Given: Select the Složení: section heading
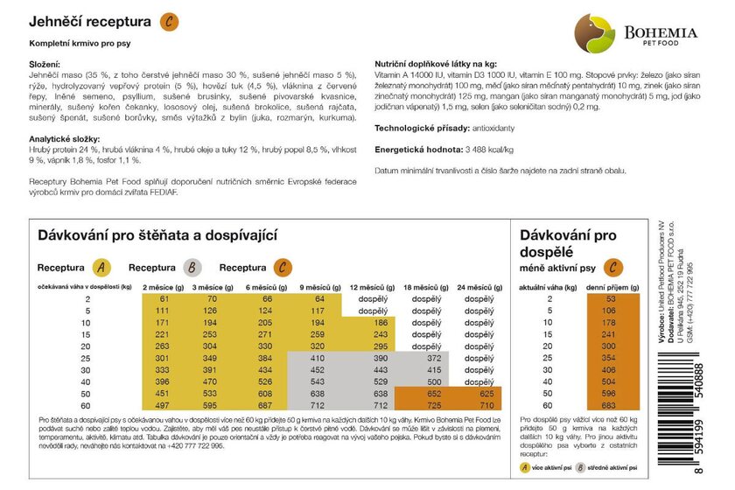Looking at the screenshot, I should [46, 65].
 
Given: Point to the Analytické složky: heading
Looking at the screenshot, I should [68, 139].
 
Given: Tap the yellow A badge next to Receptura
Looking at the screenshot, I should [101, 267].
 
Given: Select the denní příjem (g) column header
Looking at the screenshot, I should [605, 286].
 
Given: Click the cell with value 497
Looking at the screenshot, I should [163, 405].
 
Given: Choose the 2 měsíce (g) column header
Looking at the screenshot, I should [163, 286].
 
